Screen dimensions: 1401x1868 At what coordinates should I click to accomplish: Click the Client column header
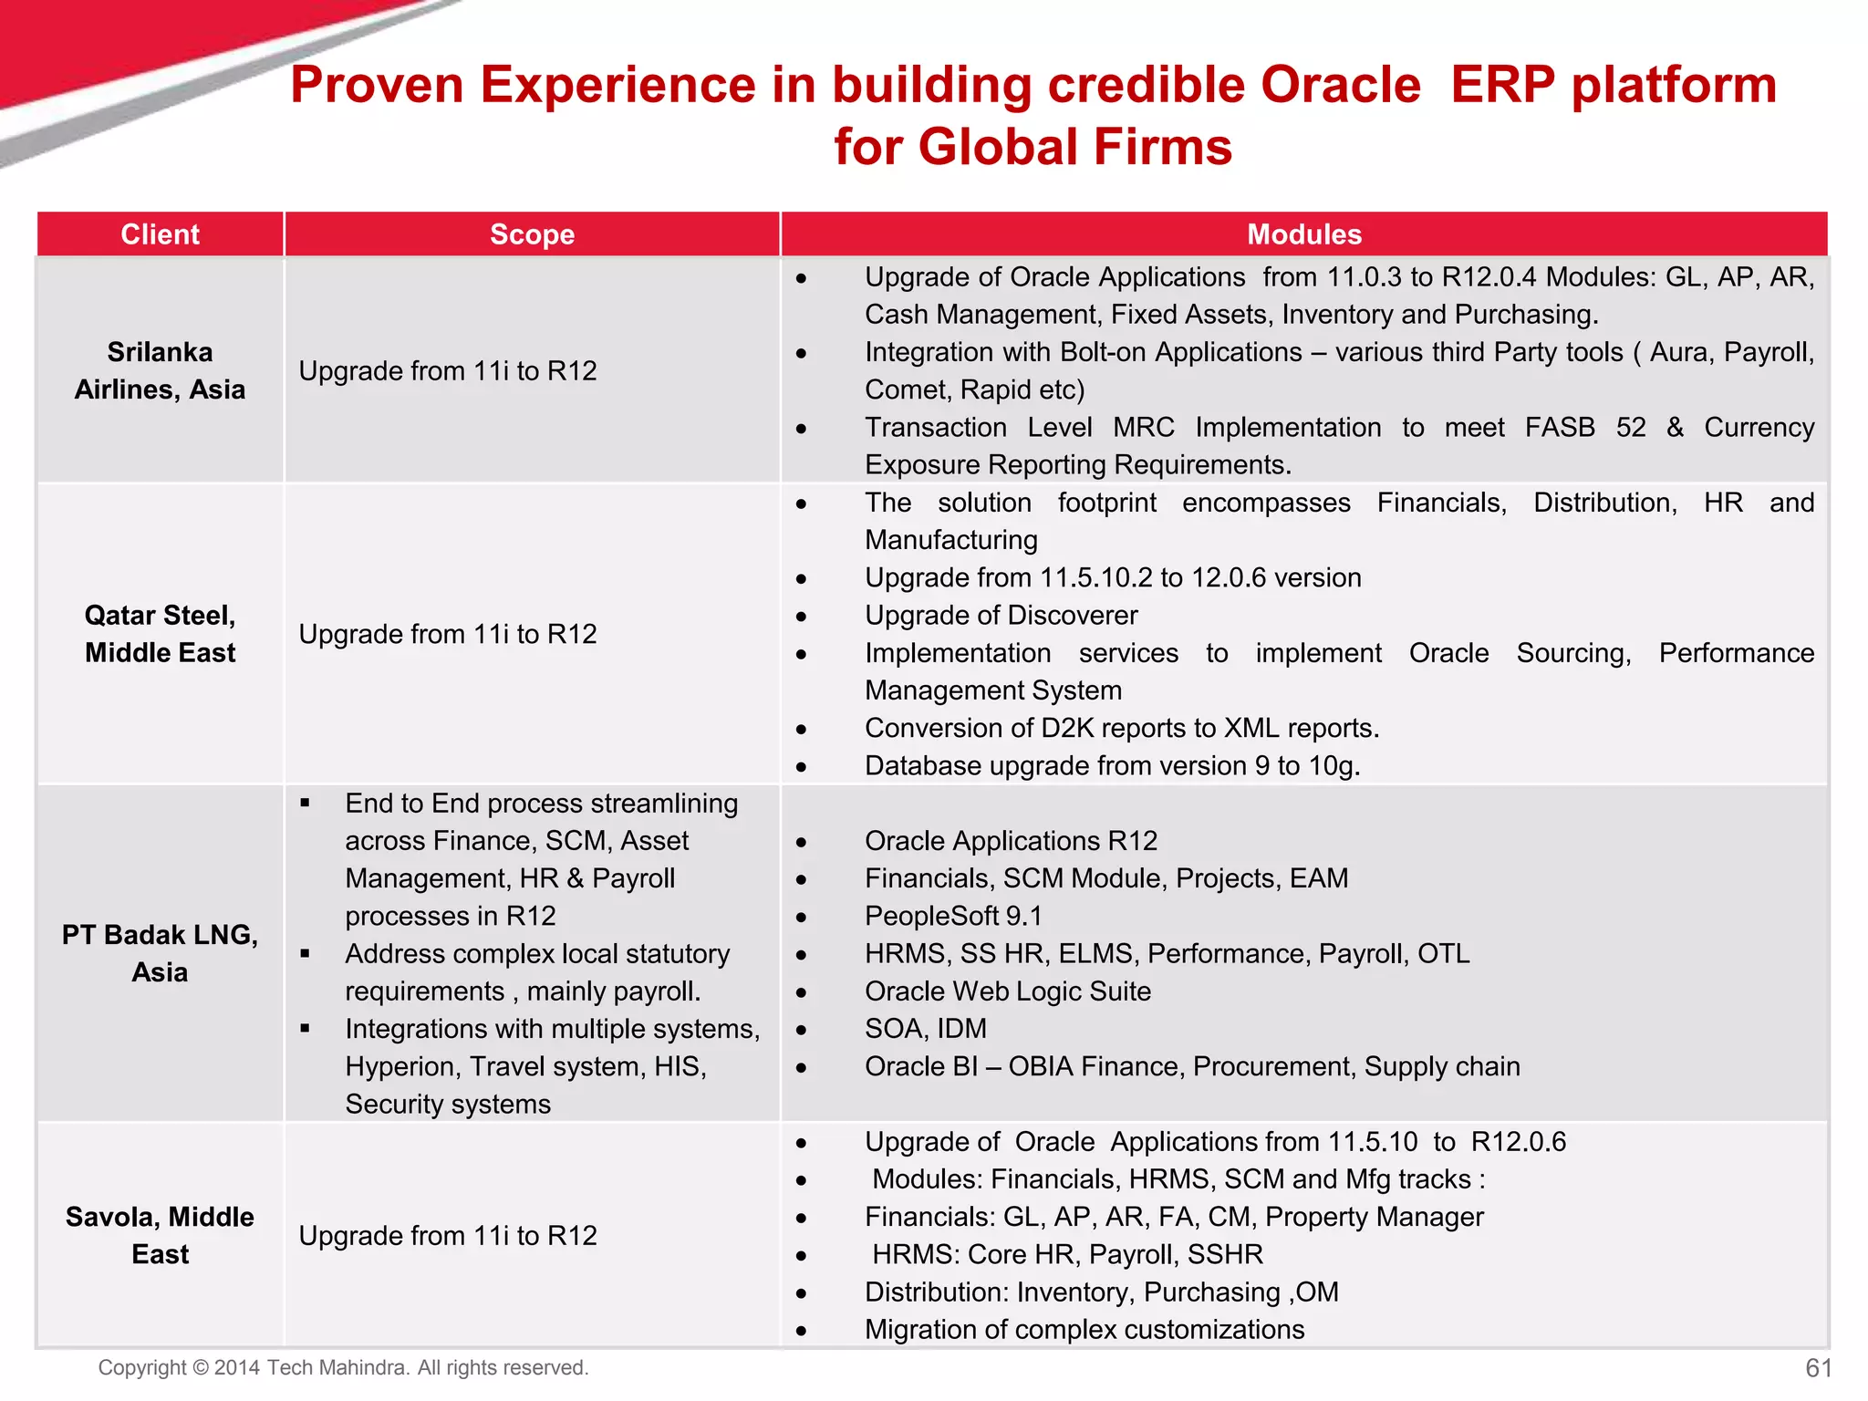click(160, 234)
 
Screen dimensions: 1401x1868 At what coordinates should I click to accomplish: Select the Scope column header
click(532, 234)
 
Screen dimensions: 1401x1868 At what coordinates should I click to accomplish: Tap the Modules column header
click(1303, 234)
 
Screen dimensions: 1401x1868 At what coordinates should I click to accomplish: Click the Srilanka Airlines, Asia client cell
click(160, 370)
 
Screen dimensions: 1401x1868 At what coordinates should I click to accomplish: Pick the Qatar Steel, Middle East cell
click(160, 634)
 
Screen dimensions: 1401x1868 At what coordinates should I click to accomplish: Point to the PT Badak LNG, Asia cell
click(160, 953)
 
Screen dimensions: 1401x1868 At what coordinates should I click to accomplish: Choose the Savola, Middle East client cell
click(160, 1235)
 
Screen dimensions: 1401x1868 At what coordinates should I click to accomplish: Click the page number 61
click(1818, 1367)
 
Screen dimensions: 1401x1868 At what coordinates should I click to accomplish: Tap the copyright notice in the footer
click(343, 1367)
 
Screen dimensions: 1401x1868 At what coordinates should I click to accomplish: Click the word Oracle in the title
click(1340, 85)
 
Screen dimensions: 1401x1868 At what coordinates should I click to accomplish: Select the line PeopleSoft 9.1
click(953, 916)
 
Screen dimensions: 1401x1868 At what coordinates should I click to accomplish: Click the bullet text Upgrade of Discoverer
click(1001, 616)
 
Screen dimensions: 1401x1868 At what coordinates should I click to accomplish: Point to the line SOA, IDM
click(925, 1029)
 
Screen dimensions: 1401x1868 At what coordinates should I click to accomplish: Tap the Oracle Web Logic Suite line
click(1007, 991)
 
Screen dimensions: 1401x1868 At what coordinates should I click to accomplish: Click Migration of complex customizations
click(1084, 1330)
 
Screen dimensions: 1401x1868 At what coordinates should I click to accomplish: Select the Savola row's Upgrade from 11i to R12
click(447, 1236)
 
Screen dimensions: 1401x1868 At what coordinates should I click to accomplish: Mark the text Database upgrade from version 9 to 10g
click(1112, 766)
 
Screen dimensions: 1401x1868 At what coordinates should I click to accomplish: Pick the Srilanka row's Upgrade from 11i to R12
click(447, 371)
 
